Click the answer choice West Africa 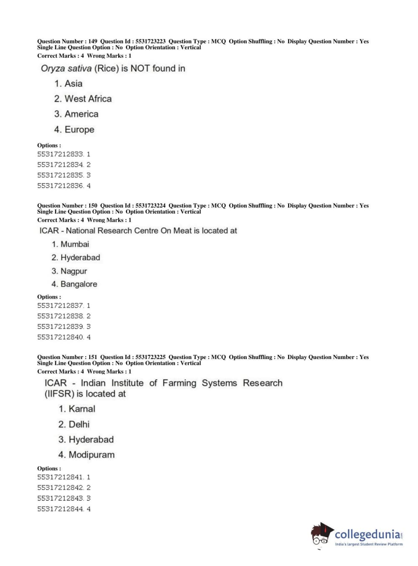pyautogui.click(x=88, y=99)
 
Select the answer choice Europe pyautogui.click(x=79, y=130)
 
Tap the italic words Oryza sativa pyautogui.click(x=66, y=68)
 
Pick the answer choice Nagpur pyautogui.click(x=73, y=271)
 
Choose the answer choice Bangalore pyautogui.click(x=79, y=284)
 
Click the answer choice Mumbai pyautogui.click(x=75, y=244)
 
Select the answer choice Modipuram pyautogui.click(x=91, y=455)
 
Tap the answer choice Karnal pyautogui.click(x=82, y=409)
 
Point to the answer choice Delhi pyautogui.click(x=79, y=424)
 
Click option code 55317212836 pyautogui.click(x=60, y=186)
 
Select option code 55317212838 pyautogui.click(x=60, y=316)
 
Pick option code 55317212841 pyautogui.click(x=60, y=477)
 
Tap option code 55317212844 pyautogui.click(x=60, y=509)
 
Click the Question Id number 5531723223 pyautogui.click(x=150, y=41)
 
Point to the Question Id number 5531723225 pyautogui.click(x=150, y=357)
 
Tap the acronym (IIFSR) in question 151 pyautogui.click(x=59, y=394)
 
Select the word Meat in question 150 pyautogui.click(x=182, y=231)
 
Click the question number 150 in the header pyautogui.click(x=93, y=206)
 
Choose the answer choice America pyautogui.click(x=81, y=114)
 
